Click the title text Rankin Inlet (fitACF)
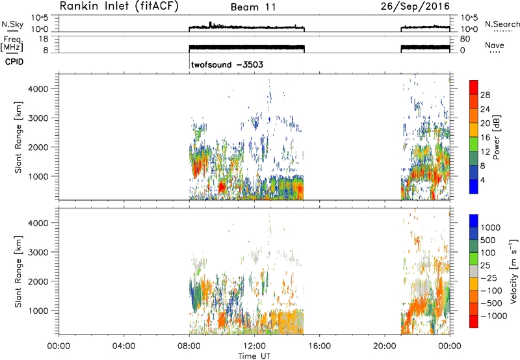tap(119, 6)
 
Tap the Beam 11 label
tap(253, 7)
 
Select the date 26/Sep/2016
tap(415, 6)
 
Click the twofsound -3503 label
tap(227, 64)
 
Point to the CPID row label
tap(14, 62)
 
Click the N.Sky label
tap(12, 24)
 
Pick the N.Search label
tap(502, 24)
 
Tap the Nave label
tap(495, 45)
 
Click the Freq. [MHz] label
tap(12, 44)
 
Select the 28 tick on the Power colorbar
tap(485, 95)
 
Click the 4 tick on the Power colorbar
tap(482, 180)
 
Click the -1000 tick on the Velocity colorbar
tap(494, 316)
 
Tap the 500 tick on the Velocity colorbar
tap(488, 240)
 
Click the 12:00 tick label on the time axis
tap(254, 346)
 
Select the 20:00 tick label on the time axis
tap(385, 346)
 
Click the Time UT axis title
tap(254, 356)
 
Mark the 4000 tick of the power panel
tap(38, 89)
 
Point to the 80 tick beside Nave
tap(465, 39)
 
